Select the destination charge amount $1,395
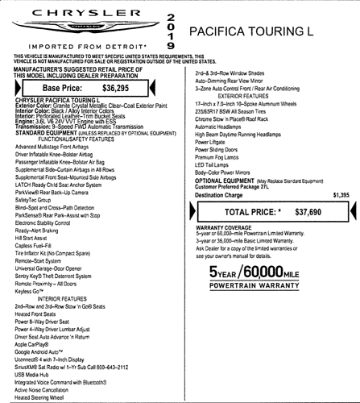tap(340, 195)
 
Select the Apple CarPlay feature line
tap(31, 343)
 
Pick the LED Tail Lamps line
tap(216, 164)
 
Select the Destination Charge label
tap(222, 195)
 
